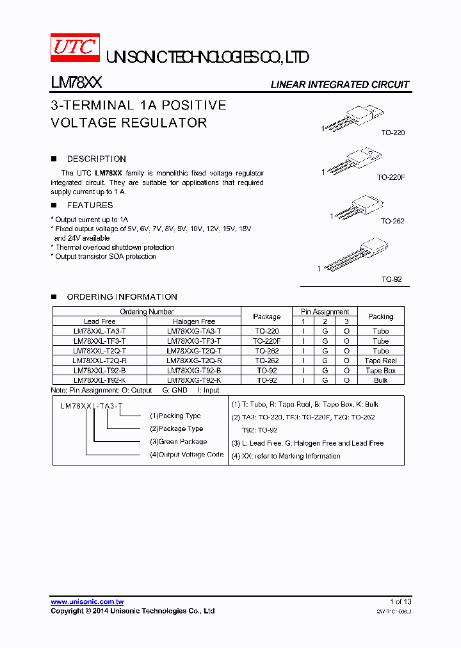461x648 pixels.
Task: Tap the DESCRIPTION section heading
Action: coord(97,159)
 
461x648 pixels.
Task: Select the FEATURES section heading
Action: coord(90,206)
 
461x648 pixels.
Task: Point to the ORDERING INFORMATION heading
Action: coord(122,297)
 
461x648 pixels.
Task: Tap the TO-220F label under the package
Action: coord(391,177)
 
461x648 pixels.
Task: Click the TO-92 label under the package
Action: coord(392,280)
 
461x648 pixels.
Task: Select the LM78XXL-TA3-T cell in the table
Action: coord(99,332)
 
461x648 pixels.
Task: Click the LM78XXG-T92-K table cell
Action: coord(194,380)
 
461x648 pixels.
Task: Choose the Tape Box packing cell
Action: coord(380,371)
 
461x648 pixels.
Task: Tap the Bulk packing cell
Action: coord(380,380)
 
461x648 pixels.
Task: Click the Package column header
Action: coord(266,316)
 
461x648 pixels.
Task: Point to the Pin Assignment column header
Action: coord(325,312)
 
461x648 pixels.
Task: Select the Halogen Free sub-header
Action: coord(194,321)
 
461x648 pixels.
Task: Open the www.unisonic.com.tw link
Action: coord(87,602)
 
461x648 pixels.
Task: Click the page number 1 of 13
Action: coord(400,602)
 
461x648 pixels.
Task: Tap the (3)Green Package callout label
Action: coord(178,442)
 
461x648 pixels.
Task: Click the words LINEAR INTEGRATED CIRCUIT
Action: coord(339,85)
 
